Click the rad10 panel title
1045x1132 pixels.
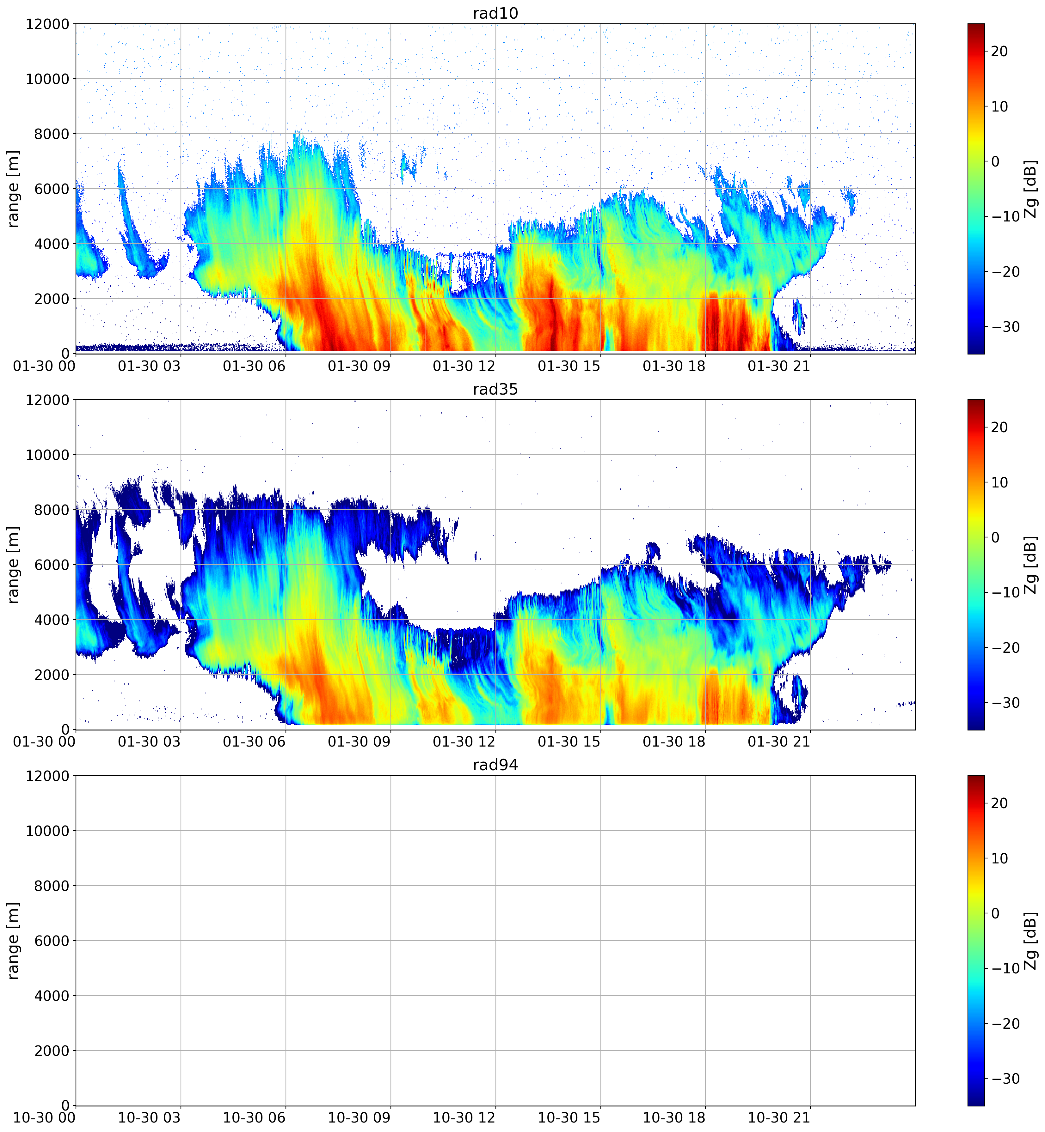[495, 13]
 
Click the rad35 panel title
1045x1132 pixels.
[495, 389]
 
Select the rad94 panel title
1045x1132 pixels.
[495, 765]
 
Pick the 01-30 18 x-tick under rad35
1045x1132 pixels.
[674, 742]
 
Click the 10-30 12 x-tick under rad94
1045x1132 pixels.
[464, 1118]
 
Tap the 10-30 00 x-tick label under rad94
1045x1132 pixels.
[44, 1118]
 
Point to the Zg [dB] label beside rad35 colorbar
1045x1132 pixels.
[1030, 565]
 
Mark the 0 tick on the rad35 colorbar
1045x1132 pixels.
[995, 537]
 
